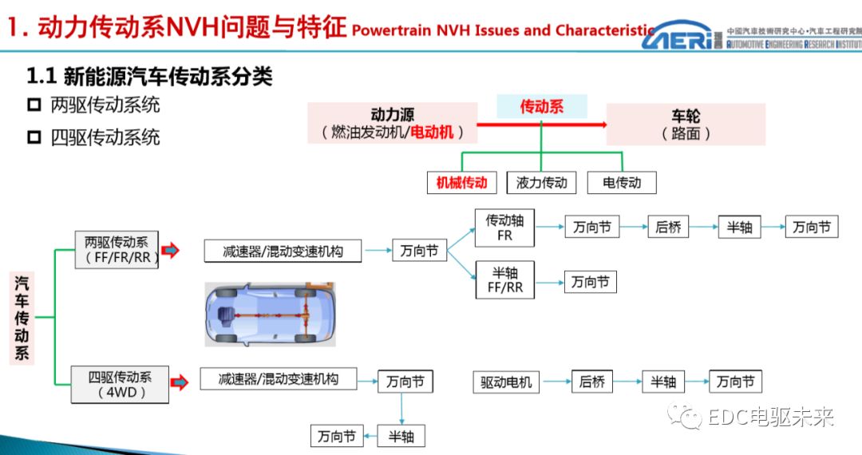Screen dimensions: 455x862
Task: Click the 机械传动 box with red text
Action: (461, 182)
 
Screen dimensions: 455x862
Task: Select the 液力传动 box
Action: (541, 182)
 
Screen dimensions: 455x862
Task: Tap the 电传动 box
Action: (622, 182)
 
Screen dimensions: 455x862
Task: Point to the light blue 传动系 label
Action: (541, 106)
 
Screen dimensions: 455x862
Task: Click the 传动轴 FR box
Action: (504, 227)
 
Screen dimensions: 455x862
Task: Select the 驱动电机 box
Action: (506, 382)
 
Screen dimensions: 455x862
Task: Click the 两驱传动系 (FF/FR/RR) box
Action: (117, 250)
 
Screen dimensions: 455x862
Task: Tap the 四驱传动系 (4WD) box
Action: (119, 383)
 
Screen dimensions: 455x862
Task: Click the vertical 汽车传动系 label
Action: (22, 318)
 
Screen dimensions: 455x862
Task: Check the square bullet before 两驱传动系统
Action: (34, 105)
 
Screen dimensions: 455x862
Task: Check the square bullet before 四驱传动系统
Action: (34, 137)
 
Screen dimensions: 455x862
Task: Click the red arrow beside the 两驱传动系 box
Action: (170, 251)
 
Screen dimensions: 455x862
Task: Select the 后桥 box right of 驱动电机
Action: (591, 382)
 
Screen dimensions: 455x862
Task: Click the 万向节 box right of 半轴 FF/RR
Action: (591, 281)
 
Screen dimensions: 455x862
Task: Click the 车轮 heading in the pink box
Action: (686, 116)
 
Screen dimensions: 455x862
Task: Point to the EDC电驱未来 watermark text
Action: (770, 417)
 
